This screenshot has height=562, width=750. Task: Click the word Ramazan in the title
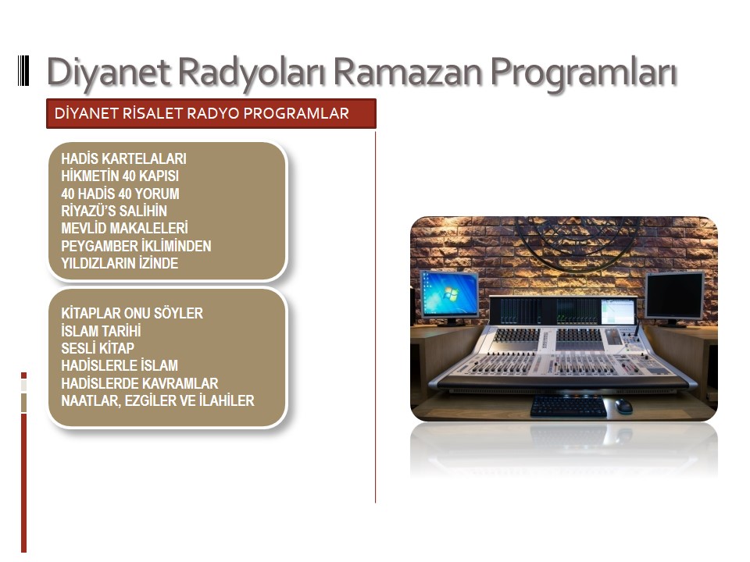408,72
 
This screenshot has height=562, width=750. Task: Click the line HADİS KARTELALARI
124,158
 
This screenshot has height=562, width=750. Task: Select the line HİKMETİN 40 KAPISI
120,176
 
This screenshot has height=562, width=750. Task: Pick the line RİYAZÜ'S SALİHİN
114,211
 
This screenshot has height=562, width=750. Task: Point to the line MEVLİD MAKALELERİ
124,228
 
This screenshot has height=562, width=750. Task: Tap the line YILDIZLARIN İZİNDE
120,263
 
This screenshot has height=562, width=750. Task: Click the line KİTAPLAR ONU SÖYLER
132,313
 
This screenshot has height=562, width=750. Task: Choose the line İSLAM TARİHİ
101,331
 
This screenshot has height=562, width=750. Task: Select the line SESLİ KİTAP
98,348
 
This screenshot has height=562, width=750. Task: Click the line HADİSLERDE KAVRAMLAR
140,383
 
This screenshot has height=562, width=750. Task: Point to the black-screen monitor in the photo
674,297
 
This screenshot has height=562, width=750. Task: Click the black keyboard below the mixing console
568,406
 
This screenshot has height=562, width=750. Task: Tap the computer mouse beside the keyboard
623,406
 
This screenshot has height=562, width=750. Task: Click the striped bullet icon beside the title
23,71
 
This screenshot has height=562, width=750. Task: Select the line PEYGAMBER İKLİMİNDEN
136,246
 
